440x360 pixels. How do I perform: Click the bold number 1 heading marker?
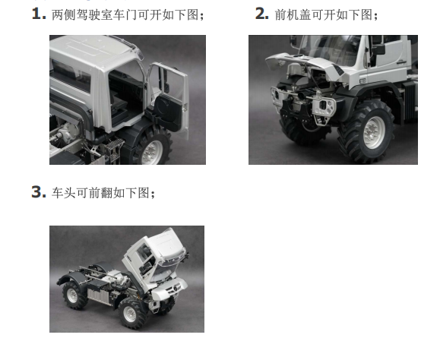click(39, 14)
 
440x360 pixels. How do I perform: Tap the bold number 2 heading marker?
click(262, 14)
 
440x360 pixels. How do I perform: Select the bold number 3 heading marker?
click(39, 192)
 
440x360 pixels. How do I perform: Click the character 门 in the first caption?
click(131, 14)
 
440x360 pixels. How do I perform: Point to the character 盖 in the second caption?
click(305, 14)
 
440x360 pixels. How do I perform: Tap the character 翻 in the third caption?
click(107, 193)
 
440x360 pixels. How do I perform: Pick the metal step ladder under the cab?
click(114, 151)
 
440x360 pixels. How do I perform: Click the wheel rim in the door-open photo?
click(154, 152)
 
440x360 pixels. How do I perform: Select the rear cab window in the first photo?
click(70, 76)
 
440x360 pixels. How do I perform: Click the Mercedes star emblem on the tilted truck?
click(177, 288)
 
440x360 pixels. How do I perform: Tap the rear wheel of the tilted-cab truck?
click(75, 295)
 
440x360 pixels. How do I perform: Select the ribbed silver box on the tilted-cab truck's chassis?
click(98, 297)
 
